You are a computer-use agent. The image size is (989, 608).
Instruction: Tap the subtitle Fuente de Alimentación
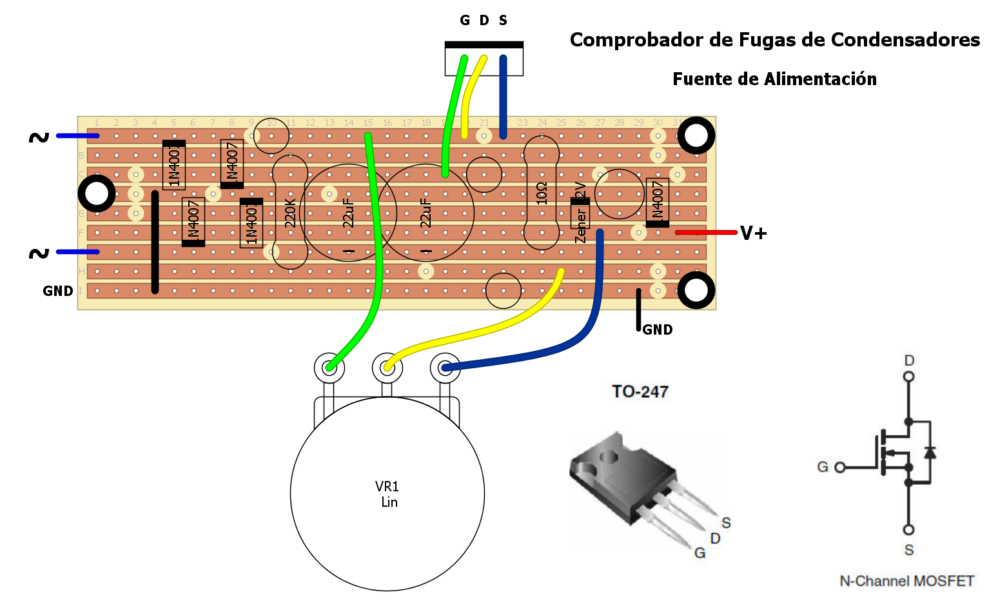click(774, 79)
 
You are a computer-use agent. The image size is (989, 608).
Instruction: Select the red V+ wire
click(705, 232)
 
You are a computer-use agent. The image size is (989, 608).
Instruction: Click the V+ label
click(753, 233)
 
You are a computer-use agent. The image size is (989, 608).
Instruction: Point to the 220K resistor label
click(290, 213)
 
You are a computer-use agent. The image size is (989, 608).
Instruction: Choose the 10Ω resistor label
click(542, 193)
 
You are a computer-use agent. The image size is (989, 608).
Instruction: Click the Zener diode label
click(580, 226)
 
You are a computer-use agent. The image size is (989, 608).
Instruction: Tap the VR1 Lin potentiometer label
click(387, 494)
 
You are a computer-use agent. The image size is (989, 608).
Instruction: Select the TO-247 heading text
click(640, 391)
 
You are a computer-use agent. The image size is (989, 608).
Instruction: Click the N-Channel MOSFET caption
click(906, 581)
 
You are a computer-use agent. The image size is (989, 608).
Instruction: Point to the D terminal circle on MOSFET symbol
click(908, 377)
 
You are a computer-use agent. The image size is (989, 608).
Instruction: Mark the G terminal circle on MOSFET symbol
click(839, 467)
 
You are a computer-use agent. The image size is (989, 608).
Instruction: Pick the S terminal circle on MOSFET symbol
click(908, 530)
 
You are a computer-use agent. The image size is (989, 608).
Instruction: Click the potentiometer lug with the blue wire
click(445, 368)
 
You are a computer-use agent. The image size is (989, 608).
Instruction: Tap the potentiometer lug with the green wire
click(329, 368)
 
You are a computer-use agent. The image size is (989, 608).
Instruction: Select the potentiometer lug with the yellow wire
click(387, 368)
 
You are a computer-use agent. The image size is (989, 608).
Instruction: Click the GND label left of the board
click(58, 291)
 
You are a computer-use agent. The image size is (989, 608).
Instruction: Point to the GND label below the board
click(658, 330)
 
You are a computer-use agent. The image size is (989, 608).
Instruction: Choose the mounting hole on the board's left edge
click(97, 193)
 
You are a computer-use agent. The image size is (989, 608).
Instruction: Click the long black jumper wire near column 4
click(155, 242)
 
